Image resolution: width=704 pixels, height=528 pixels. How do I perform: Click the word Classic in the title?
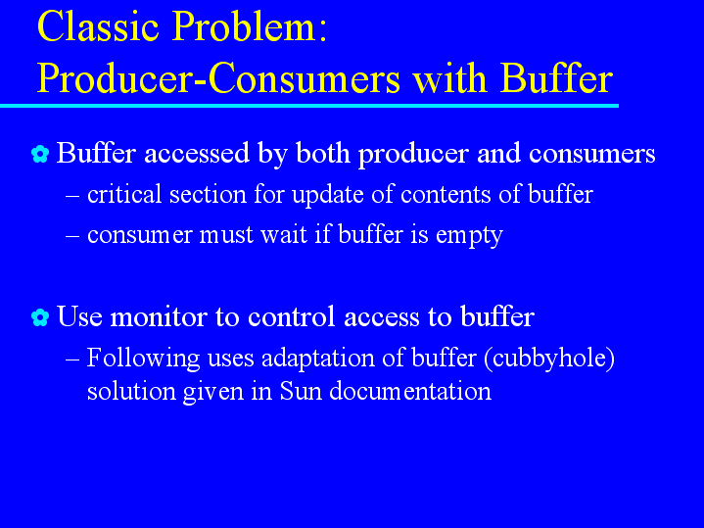coord(98,26)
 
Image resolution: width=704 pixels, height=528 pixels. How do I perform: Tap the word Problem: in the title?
coord(249,26)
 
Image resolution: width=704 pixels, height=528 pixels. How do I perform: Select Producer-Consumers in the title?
coord(218,78)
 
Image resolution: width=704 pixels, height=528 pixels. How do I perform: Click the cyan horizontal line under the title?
coord(309,106)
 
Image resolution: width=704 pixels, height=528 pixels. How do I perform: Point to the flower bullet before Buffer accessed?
coord(40,154)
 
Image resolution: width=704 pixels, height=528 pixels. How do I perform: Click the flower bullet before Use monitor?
coord(40,317)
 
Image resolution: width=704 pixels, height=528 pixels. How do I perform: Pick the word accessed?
coord(197,153)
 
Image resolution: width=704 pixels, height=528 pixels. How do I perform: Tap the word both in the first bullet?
coord(323,153)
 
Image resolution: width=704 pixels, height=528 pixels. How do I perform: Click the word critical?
coord(124,194)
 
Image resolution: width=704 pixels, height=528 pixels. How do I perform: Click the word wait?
coord(284,234)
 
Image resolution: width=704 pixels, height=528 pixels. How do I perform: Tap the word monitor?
coord(159,316)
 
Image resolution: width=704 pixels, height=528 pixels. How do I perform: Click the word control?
coord(292,316)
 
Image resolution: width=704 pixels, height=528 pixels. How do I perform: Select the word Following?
coord(143,359)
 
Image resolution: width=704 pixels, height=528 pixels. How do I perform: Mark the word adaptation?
coord(318,359)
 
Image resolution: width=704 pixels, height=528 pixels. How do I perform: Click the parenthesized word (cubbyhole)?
coord(549,359)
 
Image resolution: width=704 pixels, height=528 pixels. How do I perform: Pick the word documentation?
coord(410,391)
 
